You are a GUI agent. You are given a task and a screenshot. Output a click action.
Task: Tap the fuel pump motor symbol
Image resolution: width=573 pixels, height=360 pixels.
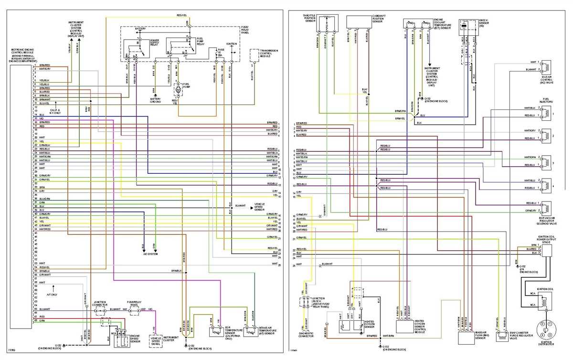[178, 89]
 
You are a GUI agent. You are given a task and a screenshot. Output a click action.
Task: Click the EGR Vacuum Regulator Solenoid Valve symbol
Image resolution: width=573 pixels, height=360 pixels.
[545, 206]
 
